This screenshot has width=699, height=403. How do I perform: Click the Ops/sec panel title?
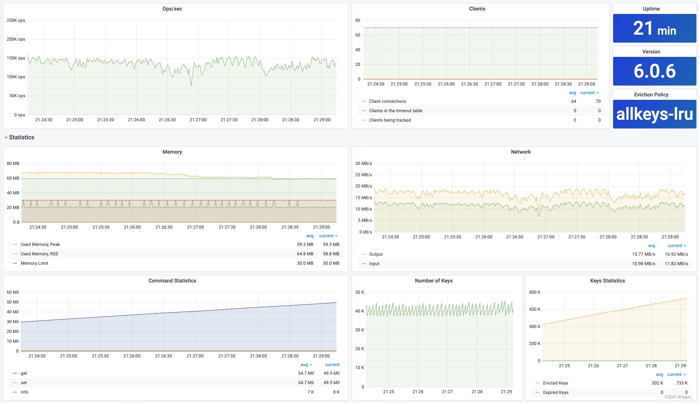click(172, 9)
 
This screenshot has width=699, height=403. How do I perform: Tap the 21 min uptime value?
click(654, 29)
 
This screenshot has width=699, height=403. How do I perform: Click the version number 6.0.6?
click(654, 71)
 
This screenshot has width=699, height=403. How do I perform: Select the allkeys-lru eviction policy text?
click(654, 114)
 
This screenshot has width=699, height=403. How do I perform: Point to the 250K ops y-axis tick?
click(16, 20)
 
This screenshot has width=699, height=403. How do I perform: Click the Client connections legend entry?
click(387, 101)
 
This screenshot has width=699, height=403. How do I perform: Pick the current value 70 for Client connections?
click(598, 101)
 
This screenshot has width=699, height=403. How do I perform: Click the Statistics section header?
click(21, 137)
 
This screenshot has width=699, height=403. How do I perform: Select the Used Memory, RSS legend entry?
click(39, 254)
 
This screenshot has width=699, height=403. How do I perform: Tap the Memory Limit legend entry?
click(34, 263)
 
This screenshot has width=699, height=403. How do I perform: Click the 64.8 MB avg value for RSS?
click(305, 254)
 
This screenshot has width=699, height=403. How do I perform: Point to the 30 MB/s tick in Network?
click(363, 163)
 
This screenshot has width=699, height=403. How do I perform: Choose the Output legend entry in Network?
click(376, 254)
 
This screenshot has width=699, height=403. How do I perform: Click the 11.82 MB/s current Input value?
click(676, 264)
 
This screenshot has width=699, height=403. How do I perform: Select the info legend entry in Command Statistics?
click(24, 392)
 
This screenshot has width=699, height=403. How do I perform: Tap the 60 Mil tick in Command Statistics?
click(12, 292)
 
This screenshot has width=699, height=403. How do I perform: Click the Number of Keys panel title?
click(433, 281)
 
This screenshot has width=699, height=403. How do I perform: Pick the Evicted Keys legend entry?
click(555, 383)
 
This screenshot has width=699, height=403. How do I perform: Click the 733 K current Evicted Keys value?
click(681, 383)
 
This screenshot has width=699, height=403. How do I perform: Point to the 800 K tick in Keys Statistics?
click(535, 292)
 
